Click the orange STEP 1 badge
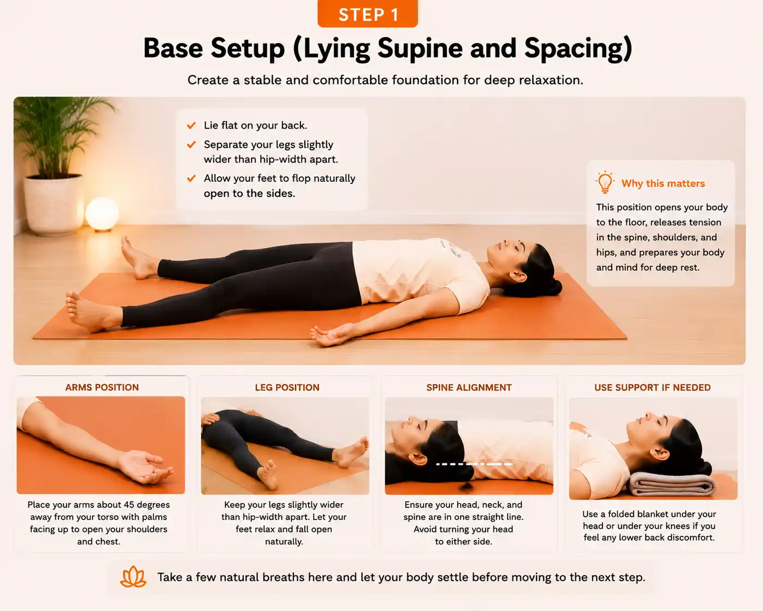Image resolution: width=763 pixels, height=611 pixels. pos(368,14)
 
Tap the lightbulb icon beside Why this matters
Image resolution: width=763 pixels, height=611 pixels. pos(605,182)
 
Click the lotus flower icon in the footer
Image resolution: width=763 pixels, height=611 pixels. pos(133,577)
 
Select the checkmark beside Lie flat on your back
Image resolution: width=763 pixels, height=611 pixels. pos(192,125)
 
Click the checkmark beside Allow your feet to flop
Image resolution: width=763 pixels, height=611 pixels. pos(192,178)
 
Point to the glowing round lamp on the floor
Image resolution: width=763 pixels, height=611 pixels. pos(102,214)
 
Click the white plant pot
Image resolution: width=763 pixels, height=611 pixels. pos(53,205)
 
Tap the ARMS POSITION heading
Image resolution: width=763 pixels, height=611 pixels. pos(102,387)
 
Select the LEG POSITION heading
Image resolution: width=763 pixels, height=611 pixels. pos(287,387)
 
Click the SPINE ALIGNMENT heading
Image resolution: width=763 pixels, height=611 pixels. pos(469,387)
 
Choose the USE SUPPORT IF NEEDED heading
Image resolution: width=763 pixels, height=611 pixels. pos(653,387)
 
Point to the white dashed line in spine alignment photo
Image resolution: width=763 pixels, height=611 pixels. pos(474,464)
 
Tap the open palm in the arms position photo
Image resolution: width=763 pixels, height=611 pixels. pos(145,467)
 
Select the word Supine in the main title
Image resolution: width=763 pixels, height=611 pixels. pos(420,48)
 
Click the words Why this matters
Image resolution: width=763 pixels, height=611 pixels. pos(663,184)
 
